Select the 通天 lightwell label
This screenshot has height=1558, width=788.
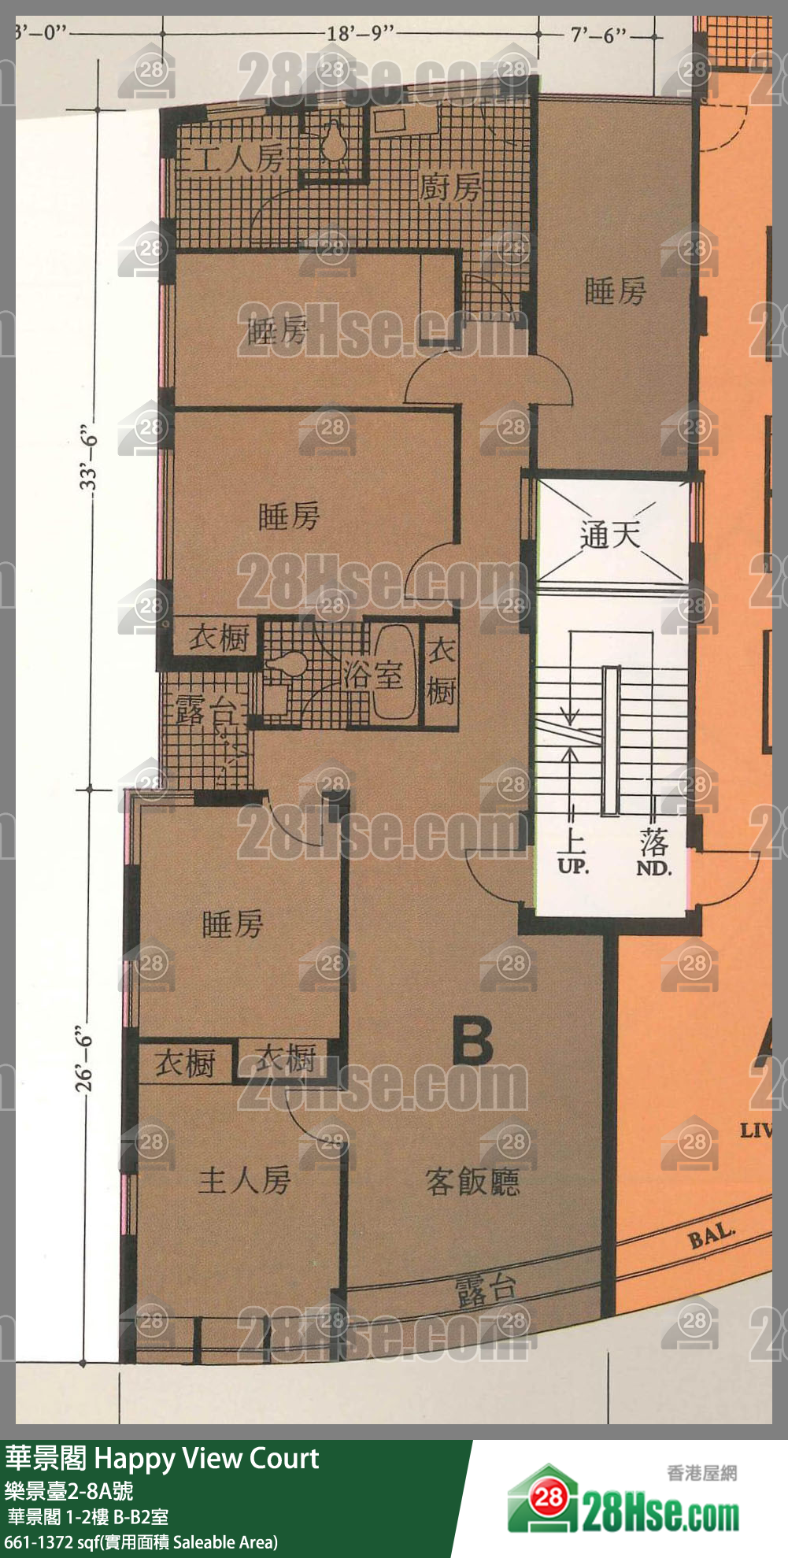610,535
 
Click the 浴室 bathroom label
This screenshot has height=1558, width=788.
372,675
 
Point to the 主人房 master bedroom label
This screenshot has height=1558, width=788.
244,1180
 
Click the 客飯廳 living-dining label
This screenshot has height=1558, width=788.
472,1181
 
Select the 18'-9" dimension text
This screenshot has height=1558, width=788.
360,34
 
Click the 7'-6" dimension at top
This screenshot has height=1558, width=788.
599,35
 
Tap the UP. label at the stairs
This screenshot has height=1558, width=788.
572,867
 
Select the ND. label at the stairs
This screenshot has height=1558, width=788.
653,868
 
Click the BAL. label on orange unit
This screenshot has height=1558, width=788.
712,1236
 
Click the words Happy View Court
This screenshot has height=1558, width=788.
206,1459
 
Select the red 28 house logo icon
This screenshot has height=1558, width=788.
548,1497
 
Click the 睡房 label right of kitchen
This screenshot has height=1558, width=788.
615,291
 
